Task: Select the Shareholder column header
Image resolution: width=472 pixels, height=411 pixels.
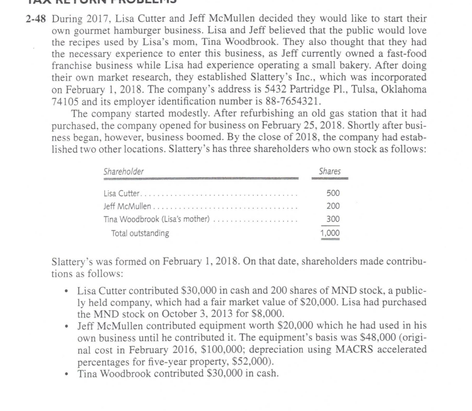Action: tap(123, 171)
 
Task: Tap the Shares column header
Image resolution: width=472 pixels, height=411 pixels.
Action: tap(330, 171)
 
